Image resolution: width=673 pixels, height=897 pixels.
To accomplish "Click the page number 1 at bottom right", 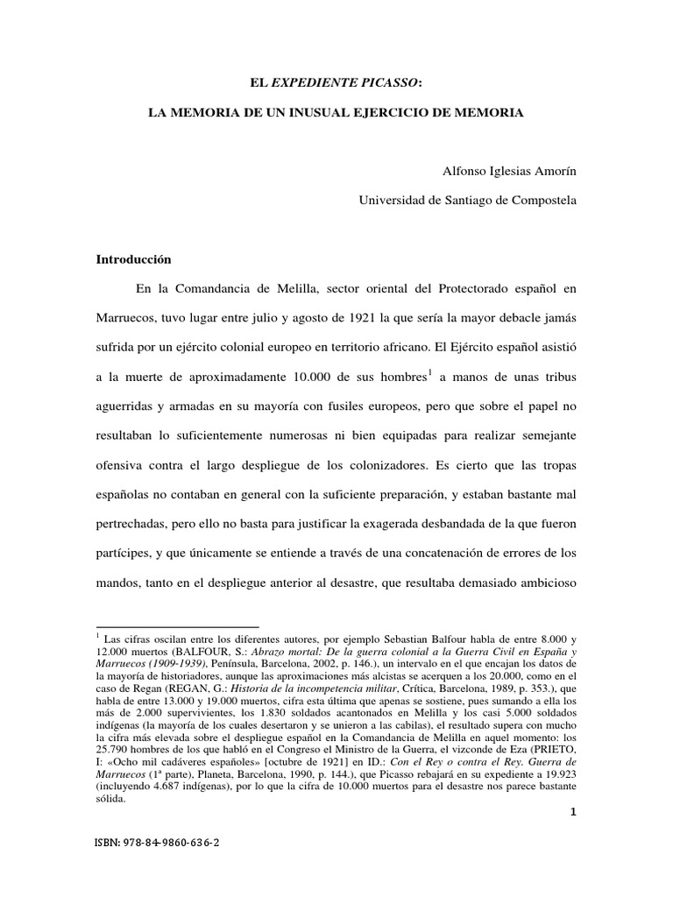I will click(x=572, y=812).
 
